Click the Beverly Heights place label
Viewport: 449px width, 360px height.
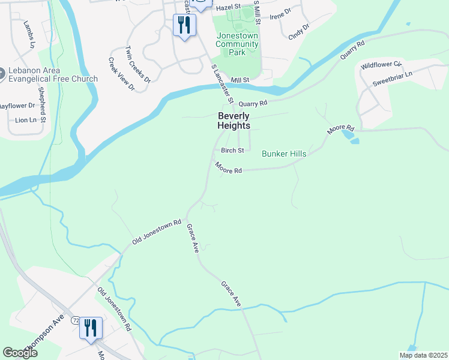pyautogui.click(x=234, y=121)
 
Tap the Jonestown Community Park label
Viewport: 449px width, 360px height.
pyautogui.click(x=237, y=44)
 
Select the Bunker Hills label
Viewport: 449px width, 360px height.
pyautogui.click(x=284, y=154)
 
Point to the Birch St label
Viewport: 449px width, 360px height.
pyautogui.click(x=232, y=151)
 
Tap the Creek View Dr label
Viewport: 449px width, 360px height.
pyautogui.click(x=122, y=74)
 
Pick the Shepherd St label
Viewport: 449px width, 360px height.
pyautogui.click(x=43, y=101)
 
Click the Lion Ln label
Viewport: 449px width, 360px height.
pyautogui.click(x=25, y=120)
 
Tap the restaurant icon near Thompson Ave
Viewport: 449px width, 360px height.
pyautogui.click(x=91, y=328)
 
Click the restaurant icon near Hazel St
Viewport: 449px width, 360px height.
pyautogui.click(x=184, y=25)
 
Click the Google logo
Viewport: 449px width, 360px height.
pyautogui.click(x=20, y=353)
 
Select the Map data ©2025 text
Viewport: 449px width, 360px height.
pyautogui.click(x=423, y=355)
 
